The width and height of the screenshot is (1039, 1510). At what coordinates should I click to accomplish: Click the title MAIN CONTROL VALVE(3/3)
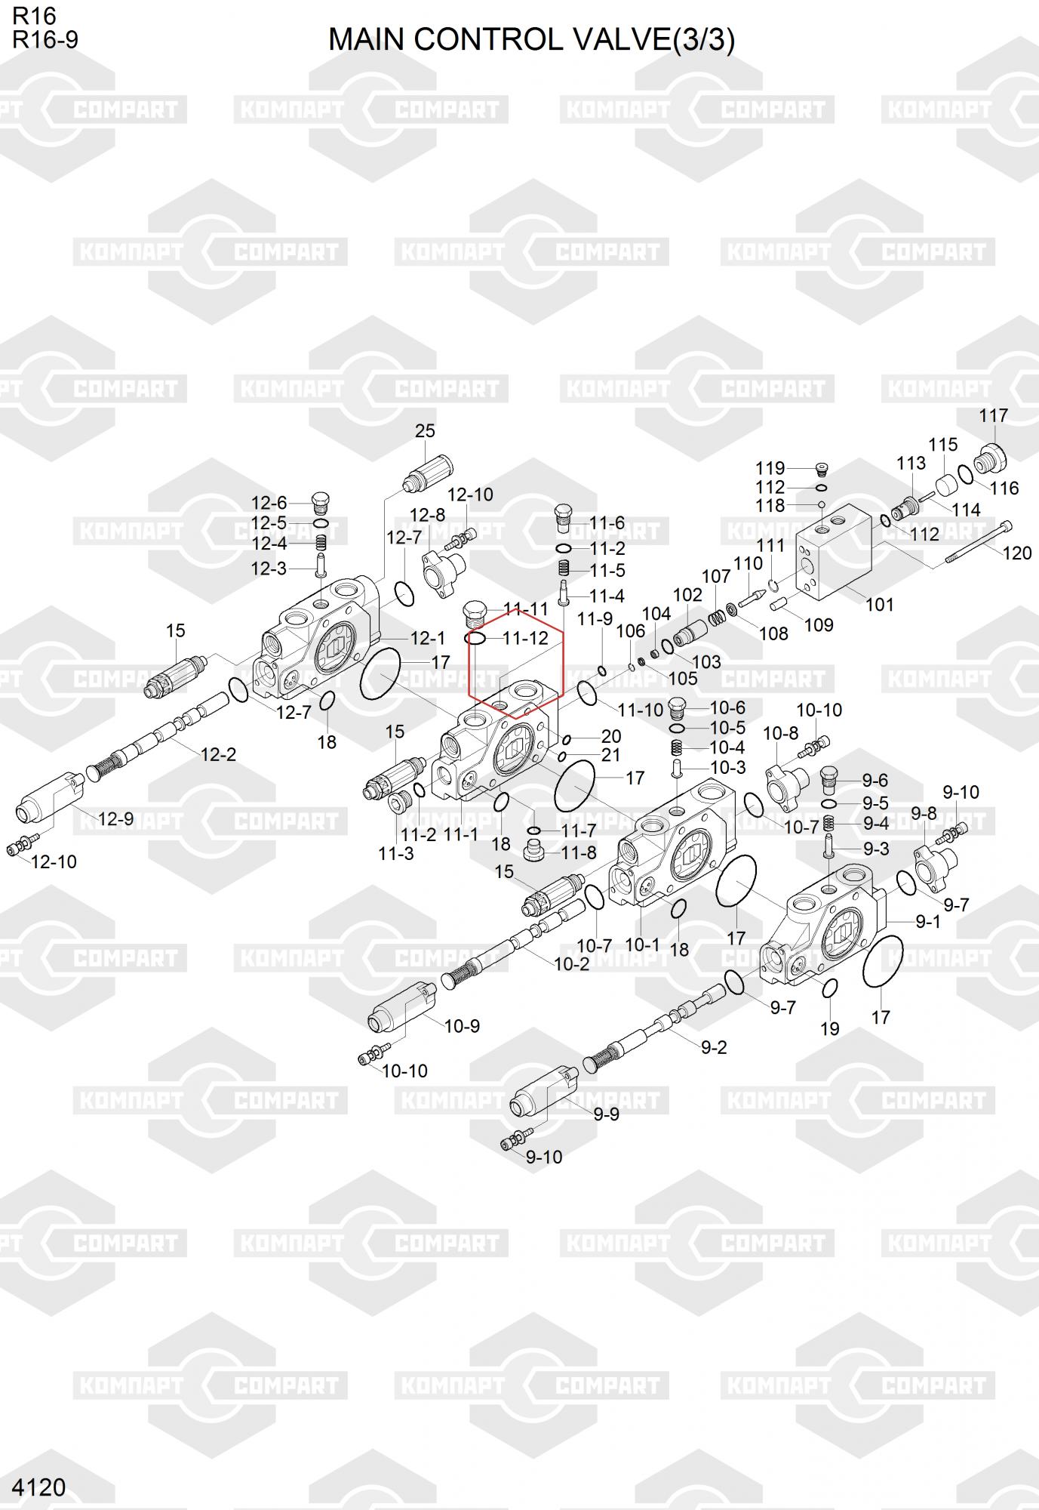tap(531, 40)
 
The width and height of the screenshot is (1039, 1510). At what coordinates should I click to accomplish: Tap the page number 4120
tap(39, 1487)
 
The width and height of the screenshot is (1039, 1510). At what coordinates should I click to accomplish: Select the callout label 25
tap(425, 431)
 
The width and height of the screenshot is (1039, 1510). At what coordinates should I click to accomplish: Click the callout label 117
tap(993, 416)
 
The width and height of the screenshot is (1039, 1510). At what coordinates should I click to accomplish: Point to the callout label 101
tap(879, 604)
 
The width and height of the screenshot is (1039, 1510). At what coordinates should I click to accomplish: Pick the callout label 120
tap(1017, 553)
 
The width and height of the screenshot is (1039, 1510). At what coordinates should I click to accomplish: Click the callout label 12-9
tap(115, 818)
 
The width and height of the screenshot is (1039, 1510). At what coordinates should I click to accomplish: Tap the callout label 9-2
tap(713, 1047)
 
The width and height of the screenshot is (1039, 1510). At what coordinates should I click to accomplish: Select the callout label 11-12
tap(525, 639)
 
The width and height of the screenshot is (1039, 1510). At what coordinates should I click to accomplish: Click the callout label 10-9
tap(462, 1026)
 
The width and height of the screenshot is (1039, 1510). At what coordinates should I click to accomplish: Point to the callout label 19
tap(829, 1028)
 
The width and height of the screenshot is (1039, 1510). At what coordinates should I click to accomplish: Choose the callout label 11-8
tap(579, 852)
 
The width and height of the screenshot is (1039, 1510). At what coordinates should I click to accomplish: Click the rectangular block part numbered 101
tap(835, 552)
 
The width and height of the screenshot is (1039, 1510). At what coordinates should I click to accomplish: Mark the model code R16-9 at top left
tap(45, 40)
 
